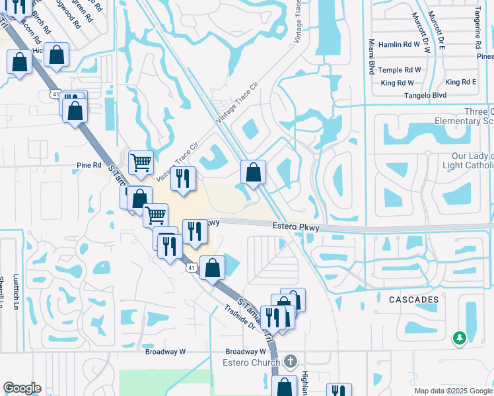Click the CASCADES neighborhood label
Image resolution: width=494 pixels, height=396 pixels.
pyautogui.click(x=409, y=300)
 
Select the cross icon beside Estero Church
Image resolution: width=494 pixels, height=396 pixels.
pyautogui.click(x=291, y=361)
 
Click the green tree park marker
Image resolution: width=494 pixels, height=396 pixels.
pyautogui.click(x=459, y=338)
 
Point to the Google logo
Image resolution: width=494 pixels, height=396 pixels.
pyautogui.click(x=22, y=388)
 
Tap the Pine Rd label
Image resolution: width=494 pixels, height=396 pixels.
pyautogui.click(x=89, y=165)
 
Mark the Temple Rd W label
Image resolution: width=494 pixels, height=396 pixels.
pyautogui.click(x=396, y=69)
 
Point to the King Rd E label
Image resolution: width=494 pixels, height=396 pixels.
pyautogui.click(x=461, y=82)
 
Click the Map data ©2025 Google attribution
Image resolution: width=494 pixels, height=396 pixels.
pyautogui.click(x=453, y=391)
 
